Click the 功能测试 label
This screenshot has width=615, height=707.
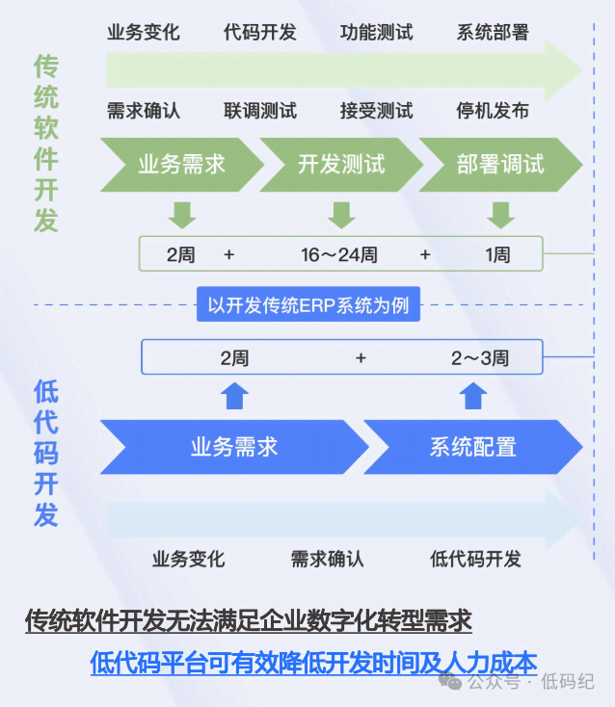click(x=376, y=33)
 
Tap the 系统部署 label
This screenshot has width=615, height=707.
click(x=493, y=33)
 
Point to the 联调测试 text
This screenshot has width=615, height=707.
click(x=259, y=111)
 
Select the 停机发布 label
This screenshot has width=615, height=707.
click(x=493, y=111)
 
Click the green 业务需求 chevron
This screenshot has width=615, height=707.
click(x=180, y=164)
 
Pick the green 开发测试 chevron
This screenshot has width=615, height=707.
click(x=340, y=164)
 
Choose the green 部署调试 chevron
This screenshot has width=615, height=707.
click(x=499, y=164)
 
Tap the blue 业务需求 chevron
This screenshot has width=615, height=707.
click(x=233, y=447)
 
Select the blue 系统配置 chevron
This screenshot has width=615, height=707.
click(x=472, y=447)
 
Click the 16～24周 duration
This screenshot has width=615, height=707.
click(x=338, y=255)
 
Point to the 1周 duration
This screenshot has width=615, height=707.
click(x=497, y=255)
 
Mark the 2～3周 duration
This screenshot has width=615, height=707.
click(x=480, y=358)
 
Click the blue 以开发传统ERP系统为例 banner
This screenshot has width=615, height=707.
click(x=308, y=307)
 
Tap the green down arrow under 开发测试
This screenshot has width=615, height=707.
click(x=341, y=214)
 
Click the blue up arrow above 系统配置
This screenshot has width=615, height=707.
click(x=472, y=396)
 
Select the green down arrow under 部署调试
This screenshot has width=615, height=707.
click(x=498, y=214)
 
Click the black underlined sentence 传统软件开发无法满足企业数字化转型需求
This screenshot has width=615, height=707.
click(x=248, y=620)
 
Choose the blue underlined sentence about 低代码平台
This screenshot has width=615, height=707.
click(x=313, y=662)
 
